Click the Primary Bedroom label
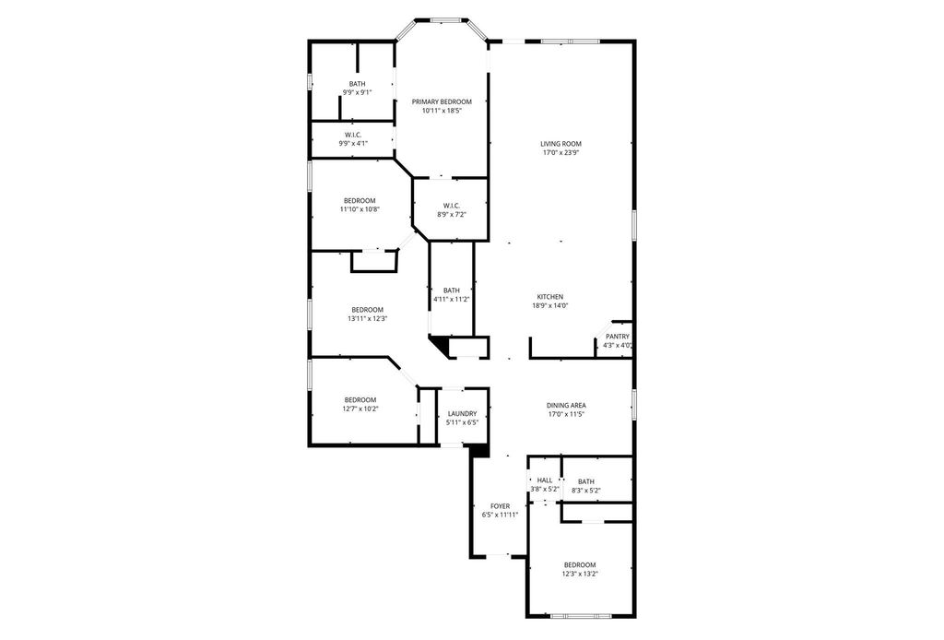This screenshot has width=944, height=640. tap(442, 101)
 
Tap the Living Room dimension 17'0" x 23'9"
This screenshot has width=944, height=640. tap(560, 153)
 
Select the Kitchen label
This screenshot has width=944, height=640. tap(550, 297)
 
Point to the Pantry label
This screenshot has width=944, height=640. tap(618, 337)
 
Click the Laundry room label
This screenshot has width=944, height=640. tap(463, 414)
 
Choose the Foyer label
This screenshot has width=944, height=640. tap(501, 506)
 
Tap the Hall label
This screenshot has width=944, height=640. tap(545, 480)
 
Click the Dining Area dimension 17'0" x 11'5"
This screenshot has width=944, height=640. tap(566, 414)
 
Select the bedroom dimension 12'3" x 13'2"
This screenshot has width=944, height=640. tap(580, 574)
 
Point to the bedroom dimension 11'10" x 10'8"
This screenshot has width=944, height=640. tap(360, 209)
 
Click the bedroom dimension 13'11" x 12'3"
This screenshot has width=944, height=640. tap(367, 319)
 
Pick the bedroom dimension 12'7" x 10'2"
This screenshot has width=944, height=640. tap(360, 409)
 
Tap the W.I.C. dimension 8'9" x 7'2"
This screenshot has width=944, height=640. tap(452, 214)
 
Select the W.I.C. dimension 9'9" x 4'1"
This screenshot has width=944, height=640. tap(353, 143)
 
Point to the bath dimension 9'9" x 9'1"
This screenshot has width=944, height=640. tap(357, 93)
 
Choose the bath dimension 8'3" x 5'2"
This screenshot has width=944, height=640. tap(585, 491)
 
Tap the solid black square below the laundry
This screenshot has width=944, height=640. tap(479, 451)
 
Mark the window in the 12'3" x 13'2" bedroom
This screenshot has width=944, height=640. tap(581, 616)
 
